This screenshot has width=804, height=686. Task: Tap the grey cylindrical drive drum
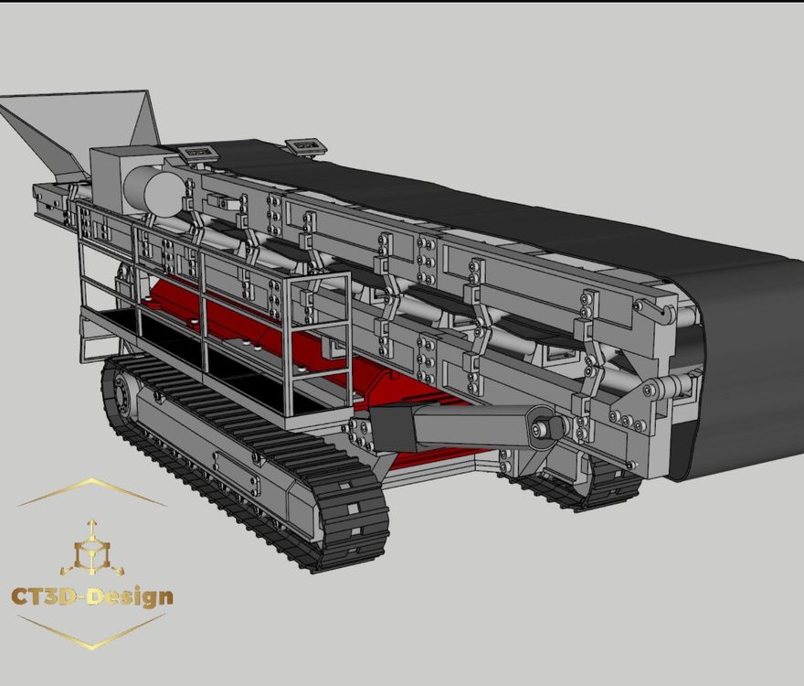pos(153,191)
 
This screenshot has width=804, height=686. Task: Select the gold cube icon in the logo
pos(92,551)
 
